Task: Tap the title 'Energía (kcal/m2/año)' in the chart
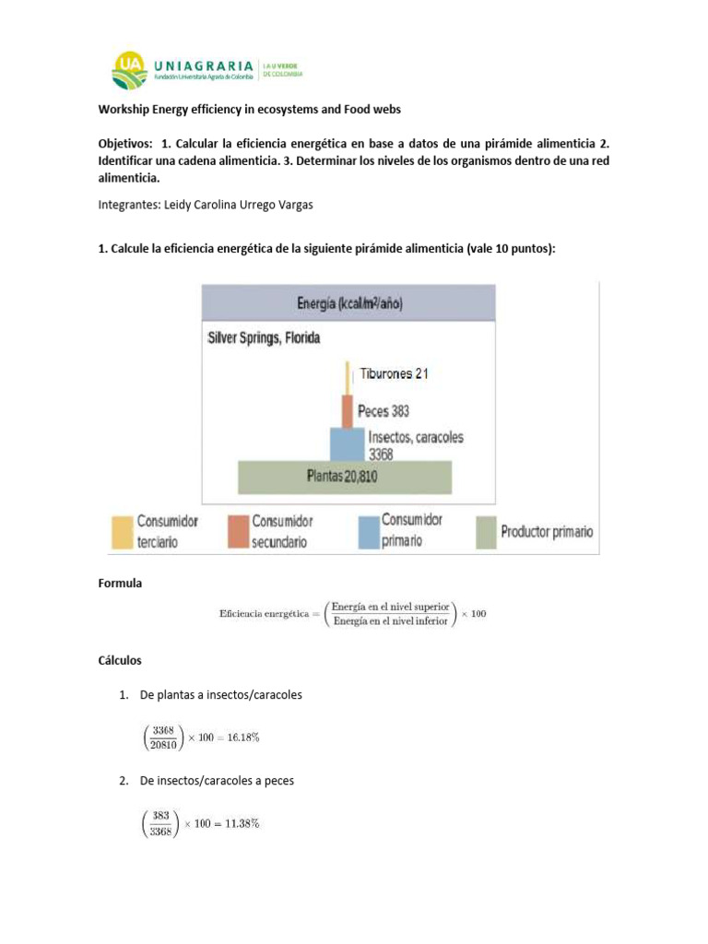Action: [x=349, y=303]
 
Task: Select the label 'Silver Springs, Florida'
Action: [x=264, y=338]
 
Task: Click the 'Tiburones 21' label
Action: [x=394, y=373]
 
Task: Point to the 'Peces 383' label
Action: [x=383, y=411]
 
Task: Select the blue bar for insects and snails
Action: [x=347, y=443]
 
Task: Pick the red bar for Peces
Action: [x=348, y=410]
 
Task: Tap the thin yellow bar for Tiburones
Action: [x=348, y=376]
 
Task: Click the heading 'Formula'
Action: [x=120, y=584]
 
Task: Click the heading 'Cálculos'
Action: [x=120, y=661]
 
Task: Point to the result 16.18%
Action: [x=243, y=737]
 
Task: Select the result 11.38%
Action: [x=243, y=823]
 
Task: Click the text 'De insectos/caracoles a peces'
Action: [x=217, y=781]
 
